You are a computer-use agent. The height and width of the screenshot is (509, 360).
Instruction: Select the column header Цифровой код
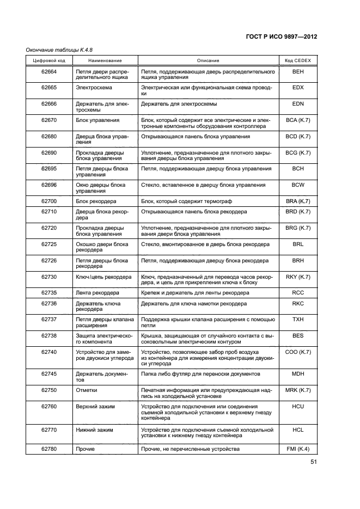pyautogui.click(x=50, y=60)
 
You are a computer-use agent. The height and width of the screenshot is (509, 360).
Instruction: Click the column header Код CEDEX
pyautogui.click(x=297, y=60)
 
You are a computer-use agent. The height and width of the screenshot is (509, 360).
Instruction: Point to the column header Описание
pyautogui.click(x=208, y=60)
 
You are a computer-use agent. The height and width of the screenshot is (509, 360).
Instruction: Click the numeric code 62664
pyautogui.click(x=50, y=71)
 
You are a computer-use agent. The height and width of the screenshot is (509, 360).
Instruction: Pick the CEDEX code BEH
pyautogui.click(x=297, y=71)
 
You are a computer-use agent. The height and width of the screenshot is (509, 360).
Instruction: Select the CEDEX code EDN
pyautogui.click(x=297, y=103)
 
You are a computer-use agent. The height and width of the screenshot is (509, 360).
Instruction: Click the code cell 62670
pyautogui.click(x=50, y=120)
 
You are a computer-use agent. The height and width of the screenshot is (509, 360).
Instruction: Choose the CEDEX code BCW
pyautogui.click(x=297, y=185)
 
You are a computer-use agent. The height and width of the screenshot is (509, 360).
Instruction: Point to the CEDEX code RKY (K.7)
pyautogui.click(x=297, y=277)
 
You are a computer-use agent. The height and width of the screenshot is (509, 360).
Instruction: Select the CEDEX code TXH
pyautogui.click(x=297, y=320)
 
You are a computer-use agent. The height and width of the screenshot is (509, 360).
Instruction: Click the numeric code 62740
pyautogui.click(x=50, y=352)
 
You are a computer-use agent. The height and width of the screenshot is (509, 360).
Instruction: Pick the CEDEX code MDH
pyautogui.click(x=297, y=374)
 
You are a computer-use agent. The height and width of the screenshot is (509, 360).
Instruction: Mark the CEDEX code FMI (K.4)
pyautogui.click(x=297, y=449)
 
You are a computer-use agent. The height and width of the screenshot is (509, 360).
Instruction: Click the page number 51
pyautogui.click(x=313, y=462)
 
